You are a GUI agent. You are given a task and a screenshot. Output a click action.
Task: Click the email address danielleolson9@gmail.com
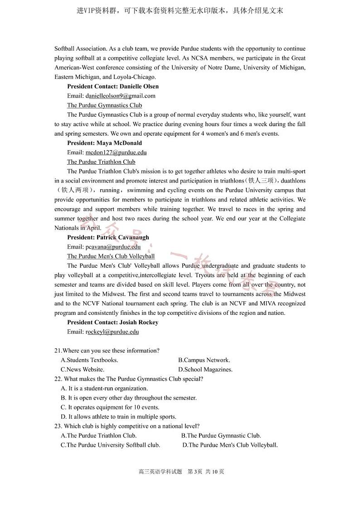(120, 96)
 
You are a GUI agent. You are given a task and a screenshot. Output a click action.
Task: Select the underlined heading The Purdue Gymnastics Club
(104, 105)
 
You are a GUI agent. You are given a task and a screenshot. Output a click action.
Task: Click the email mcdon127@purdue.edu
(116, 152)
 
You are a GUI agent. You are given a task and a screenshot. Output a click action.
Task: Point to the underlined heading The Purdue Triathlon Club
(101, 162)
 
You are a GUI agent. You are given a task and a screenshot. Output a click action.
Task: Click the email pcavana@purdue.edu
(113, 247)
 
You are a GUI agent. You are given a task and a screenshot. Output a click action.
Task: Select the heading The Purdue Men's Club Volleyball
(111, 256)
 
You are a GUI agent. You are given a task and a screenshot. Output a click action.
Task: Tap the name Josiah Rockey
(139, 322)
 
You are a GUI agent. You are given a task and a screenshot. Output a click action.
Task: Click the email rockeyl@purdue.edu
(112, 332)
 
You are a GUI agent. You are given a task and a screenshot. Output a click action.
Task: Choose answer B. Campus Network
(204, 360)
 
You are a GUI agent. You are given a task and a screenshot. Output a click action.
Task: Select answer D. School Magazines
(205, 370)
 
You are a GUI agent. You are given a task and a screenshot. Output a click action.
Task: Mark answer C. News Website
(83, 370)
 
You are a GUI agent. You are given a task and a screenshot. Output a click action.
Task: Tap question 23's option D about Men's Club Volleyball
(230, 445)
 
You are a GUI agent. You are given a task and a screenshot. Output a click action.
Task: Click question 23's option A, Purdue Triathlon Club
(98, 436)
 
